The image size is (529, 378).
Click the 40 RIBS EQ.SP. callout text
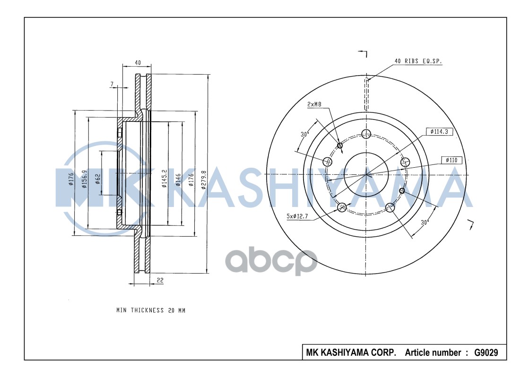coord(418,61)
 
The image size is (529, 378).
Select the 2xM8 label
coord(314,104)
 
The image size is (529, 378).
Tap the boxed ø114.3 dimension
coord(439,131)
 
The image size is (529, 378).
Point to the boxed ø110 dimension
coord(451,160)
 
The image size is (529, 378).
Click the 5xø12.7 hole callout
coord(297,216)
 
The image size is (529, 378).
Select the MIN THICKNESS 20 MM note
coord(151,310)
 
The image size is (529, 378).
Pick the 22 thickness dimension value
coord(160,280)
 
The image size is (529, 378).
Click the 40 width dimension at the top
coord(138,62)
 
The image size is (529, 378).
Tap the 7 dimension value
coord(112,84)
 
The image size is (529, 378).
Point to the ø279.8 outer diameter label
coord(203,180)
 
